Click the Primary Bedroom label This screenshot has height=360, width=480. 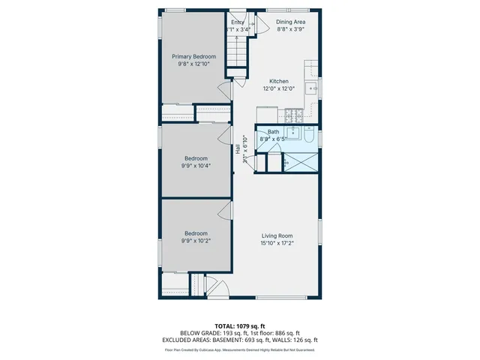pos(193,57)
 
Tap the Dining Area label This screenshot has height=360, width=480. pos(290,22)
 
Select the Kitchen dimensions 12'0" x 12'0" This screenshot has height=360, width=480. pos(279,88)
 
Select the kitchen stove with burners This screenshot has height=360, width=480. pos(292,115)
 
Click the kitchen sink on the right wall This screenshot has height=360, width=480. pos(313,88)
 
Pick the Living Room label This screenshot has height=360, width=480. pos(277,235)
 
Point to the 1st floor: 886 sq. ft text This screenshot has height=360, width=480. pos(273,333)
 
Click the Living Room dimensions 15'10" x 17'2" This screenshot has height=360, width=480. pos(277,243)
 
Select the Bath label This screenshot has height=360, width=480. pos(273,132)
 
